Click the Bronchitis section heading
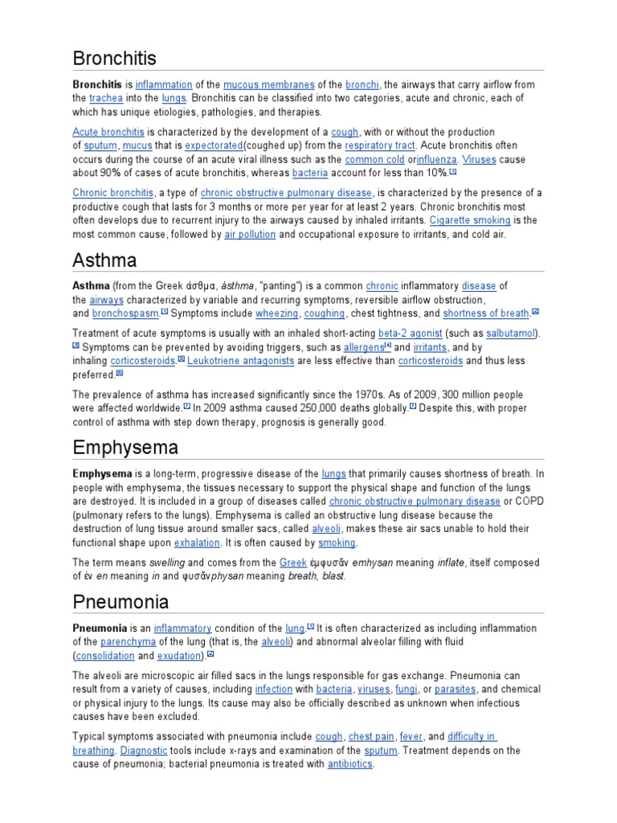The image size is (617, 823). click(114, 59)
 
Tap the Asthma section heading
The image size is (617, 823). click(104, 260)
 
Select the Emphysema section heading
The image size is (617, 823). click(125, 447)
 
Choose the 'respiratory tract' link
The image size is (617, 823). click(379, 145)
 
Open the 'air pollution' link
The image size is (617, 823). click(250, 235)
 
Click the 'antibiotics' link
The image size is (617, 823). click(349, 764)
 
